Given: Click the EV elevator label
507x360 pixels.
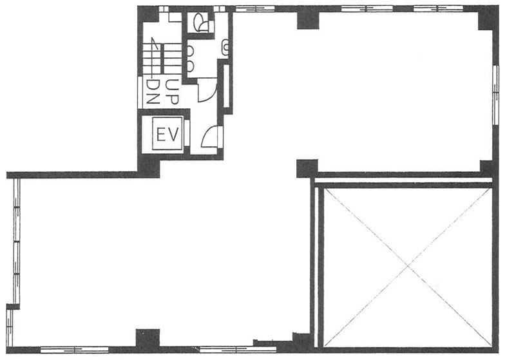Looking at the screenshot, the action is [x=167, y=135].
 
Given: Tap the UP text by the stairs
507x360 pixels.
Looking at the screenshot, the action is [x=171, y=92].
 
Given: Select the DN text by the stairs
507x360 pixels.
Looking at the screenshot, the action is [x=153, y=92].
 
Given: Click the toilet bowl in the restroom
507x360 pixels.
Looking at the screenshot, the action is [x=200, y=23].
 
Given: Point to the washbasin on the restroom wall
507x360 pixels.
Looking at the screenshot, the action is [x=225, y=47].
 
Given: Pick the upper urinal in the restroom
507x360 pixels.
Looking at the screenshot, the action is [x=190, y=52].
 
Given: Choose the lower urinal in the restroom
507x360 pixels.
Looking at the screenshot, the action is [x=190, y=66].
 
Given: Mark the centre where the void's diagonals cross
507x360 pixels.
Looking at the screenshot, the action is [x=408, y=266].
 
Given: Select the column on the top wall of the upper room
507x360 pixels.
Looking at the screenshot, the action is [x=308, y=19].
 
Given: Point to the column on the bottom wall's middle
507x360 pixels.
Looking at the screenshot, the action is [x=148, y=339].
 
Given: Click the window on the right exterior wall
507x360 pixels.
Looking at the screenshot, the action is [x=495, y=95].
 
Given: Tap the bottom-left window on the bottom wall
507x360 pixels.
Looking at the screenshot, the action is [x=74, y=349].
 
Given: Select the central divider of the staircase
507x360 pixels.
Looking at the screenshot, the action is [x=162, y=59].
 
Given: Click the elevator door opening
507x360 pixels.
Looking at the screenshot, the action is [x=187, y=133].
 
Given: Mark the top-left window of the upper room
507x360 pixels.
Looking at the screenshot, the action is [x=255, y=9].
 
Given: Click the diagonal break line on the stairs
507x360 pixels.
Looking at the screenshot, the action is [x=154, y=44].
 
